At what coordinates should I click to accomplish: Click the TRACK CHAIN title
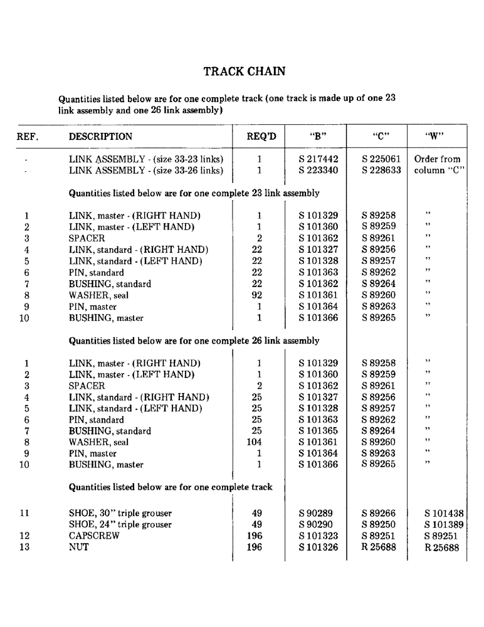[245, 71]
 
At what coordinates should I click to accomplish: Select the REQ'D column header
[259, 137]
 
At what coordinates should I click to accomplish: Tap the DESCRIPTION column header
[100, 137]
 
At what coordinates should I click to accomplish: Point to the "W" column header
[437, 137]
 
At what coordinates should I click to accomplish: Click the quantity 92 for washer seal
[259, 295]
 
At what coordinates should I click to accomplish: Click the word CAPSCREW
[94, 536]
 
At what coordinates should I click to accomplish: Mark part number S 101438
[443, 513]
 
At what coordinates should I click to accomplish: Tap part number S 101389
[443, 524]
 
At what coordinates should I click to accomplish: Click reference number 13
[24, 547]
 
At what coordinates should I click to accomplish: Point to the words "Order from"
[437, 159]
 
